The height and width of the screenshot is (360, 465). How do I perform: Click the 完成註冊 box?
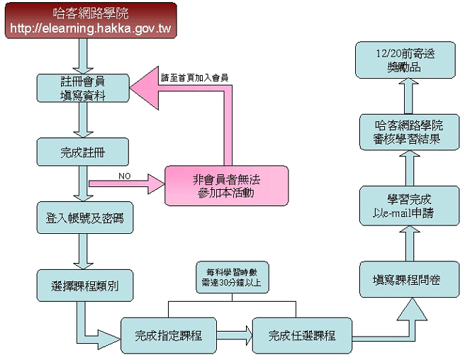84,151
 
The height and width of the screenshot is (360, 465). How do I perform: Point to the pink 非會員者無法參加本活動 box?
227,186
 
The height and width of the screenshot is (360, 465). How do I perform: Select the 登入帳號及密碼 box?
84,218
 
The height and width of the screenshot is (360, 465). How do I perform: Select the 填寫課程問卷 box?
406,280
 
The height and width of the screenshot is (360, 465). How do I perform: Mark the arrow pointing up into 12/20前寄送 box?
407,96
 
